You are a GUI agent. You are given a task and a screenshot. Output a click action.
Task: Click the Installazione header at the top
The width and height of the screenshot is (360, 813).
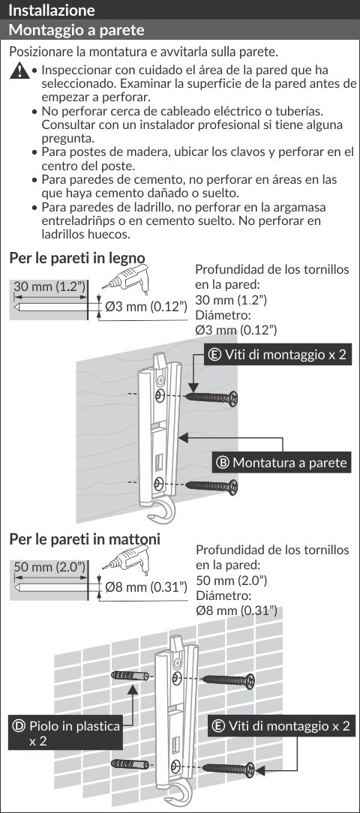coord(52,10)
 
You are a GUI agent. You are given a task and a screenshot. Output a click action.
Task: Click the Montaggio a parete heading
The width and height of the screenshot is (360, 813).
coord(76,29)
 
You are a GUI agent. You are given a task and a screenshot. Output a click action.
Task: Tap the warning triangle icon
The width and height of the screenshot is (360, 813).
coord(19,70)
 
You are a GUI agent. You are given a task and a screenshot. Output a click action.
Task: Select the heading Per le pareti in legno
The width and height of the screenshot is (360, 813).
coord(76,258)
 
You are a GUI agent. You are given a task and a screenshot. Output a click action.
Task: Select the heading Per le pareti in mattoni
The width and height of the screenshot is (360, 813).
coord(85,538)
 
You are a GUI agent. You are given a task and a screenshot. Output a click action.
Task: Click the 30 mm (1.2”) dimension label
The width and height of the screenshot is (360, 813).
coord(49,286)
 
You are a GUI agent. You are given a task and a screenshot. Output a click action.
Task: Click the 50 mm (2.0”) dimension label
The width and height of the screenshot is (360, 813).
coord(49,567)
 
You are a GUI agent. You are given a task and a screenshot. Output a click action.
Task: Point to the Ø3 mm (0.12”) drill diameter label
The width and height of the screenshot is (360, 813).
coord(145,307)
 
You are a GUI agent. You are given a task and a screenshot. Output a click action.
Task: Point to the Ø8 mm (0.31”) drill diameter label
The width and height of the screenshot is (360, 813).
coord(145,587)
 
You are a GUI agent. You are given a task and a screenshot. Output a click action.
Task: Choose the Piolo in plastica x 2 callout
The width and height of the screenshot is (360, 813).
coord(65,733)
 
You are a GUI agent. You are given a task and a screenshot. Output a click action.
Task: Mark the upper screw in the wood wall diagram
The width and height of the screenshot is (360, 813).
coord(211,398)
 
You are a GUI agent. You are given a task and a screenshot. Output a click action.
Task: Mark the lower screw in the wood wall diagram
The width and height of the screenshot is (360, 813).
coord(211,486)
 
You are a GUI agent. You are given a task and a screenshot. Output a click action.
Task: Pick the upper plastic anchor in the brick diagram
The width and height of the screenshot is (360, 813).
coord(130,676)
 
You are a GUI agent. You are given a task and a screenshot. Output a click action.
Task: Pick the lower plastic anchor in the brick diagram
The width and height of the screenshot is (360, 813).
coord(130,763)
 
